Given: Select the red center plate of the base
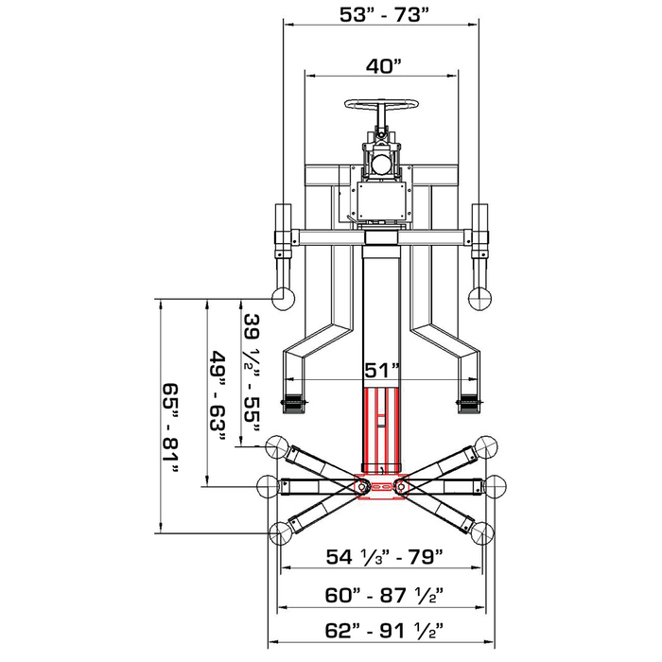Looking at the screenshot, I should [380, 485].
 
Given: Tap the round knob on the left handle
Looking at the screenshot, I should [282, 298].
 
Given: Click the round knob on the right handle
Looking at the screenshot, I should [479, 298].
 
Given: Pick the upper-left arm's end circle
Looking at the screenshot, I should [278, 444].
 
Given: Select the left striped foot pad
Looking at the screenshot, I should [294, 405].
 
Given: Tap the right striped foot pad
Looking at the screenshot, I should [468, 405].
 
